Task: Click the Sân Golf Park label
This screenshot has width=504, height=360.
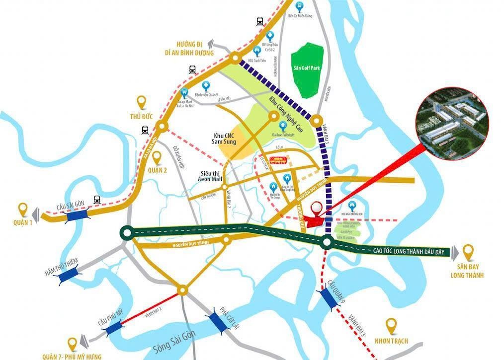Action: [307, 68]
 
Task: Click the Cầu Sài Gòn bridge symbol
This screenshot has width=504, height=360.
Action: [77, 215]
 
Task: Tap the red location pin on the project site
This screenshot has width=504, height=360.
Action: [315, 209]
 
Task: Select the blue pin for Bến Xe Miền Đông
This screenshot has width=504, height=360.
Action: [299, 6]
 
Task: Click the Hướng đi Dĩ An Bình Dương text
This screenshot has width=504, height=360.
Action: [190, 48]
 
